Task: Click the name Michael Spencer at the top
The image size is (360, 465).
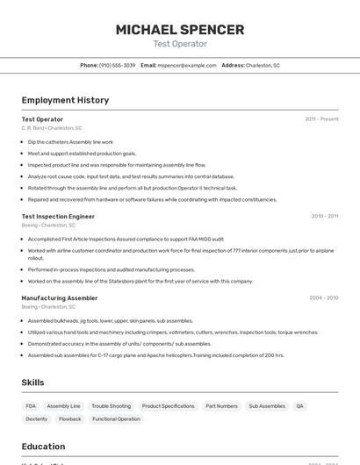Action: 180,30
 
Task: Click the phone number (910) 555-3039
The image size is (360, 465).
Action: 117,65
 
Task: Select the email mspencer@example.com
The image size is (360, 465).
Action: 186,65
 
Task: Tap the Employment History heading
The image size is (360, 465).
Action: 65,100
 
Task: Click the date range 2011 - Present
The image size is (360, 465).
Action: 321,118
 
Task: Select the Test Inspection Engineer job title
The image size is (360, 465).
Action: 58,216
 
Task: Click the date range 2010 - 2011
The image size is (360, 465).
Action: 324,216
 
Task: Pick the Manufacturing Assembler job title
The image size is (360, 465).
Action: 59,297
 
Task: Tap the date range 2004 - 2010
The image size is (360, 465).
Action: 323,297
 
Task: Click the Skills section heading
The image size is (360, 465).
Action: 32,383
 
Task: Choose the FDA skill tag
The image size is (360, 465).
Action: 31,406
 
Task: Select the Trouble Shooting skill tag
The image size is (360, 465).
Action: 111,406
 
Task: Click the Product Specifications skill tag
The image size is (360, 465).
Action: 168,406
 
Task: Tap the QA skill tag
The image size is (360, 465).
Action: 299,406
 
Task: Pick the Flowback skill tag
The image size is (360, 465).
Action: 69,419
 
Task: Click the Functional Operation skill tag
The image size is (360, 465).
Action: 116,419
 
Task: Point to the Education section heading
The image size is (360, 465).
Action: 43,446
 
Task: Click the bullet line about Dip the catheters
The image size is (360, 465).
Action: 70,141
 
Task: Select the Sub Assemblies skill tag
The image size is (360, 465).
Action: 267,406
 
